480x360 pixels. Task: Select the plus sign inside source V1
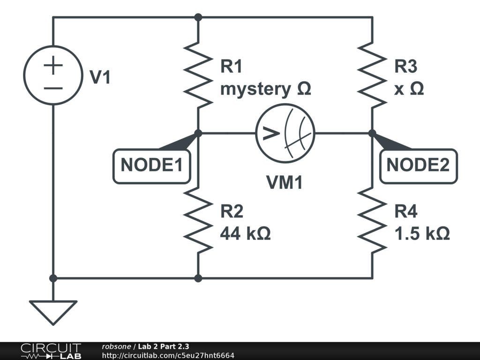pyautogui.click(x=53, y=66)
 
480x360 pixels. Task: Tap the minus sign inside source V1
pyautogui.click(x=53, y=88)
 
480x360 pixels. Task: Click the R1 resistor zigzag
pyautogui.click(x=198, y=75)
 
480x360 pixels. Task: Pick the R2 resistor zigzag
pyautogui.click(x=198, y=219)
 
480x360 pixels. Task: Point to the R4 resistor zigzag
pyautogui.click(x=372, y=219)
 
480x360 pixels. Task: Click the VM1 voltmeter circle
pyautogui.click(x=285, y=134)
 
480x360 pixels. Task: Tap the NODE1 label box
pyautogui.click(x=151, y=165)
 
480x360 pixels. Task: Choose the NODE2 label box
pyautogui.click(x=418, y=165)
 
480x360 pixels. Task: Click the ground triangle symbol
pyautogui.click(x=53, y=311)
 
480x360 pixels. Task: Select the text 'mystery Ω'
pyautogui.click(x=265, y=89)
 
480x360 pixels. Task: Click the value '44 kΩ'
pyautogui.click(x=245, y=233)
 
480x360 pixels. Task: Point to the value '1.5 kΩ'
pyautogui.click(x=422, y=233)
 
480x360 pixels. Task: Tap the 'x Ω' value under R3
pyautogui.click(x=409, y=89)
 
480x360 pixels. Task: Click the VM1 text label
pyautogui.click(x=285, y=183)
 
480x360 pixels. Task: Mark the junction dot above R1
pyautogui.click(x=198, y=17)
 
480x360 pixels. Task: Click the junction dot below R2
pyautogui.click(x=198, y=278)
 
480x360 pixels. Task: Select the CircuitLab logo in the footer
pyautogui.click(x=51, y=351)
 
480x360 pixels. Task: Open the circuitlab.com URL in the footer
pyautogui.click(x=168, y=356)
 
